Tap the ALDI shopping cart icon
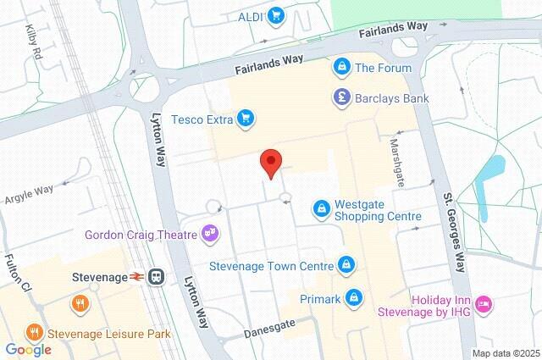point(275,14)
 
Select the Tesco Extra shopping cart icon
point(244,119)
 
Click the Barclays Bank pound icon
point(341,98)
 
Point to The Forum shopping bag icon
point(341,67)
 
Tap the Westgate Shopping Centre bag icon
point(321,208)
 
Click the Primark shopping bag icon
point(356,297)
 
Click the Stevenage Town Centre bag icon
point(346,266)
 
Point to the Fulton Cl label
point(18,274)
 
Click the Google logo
point(28,349)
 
